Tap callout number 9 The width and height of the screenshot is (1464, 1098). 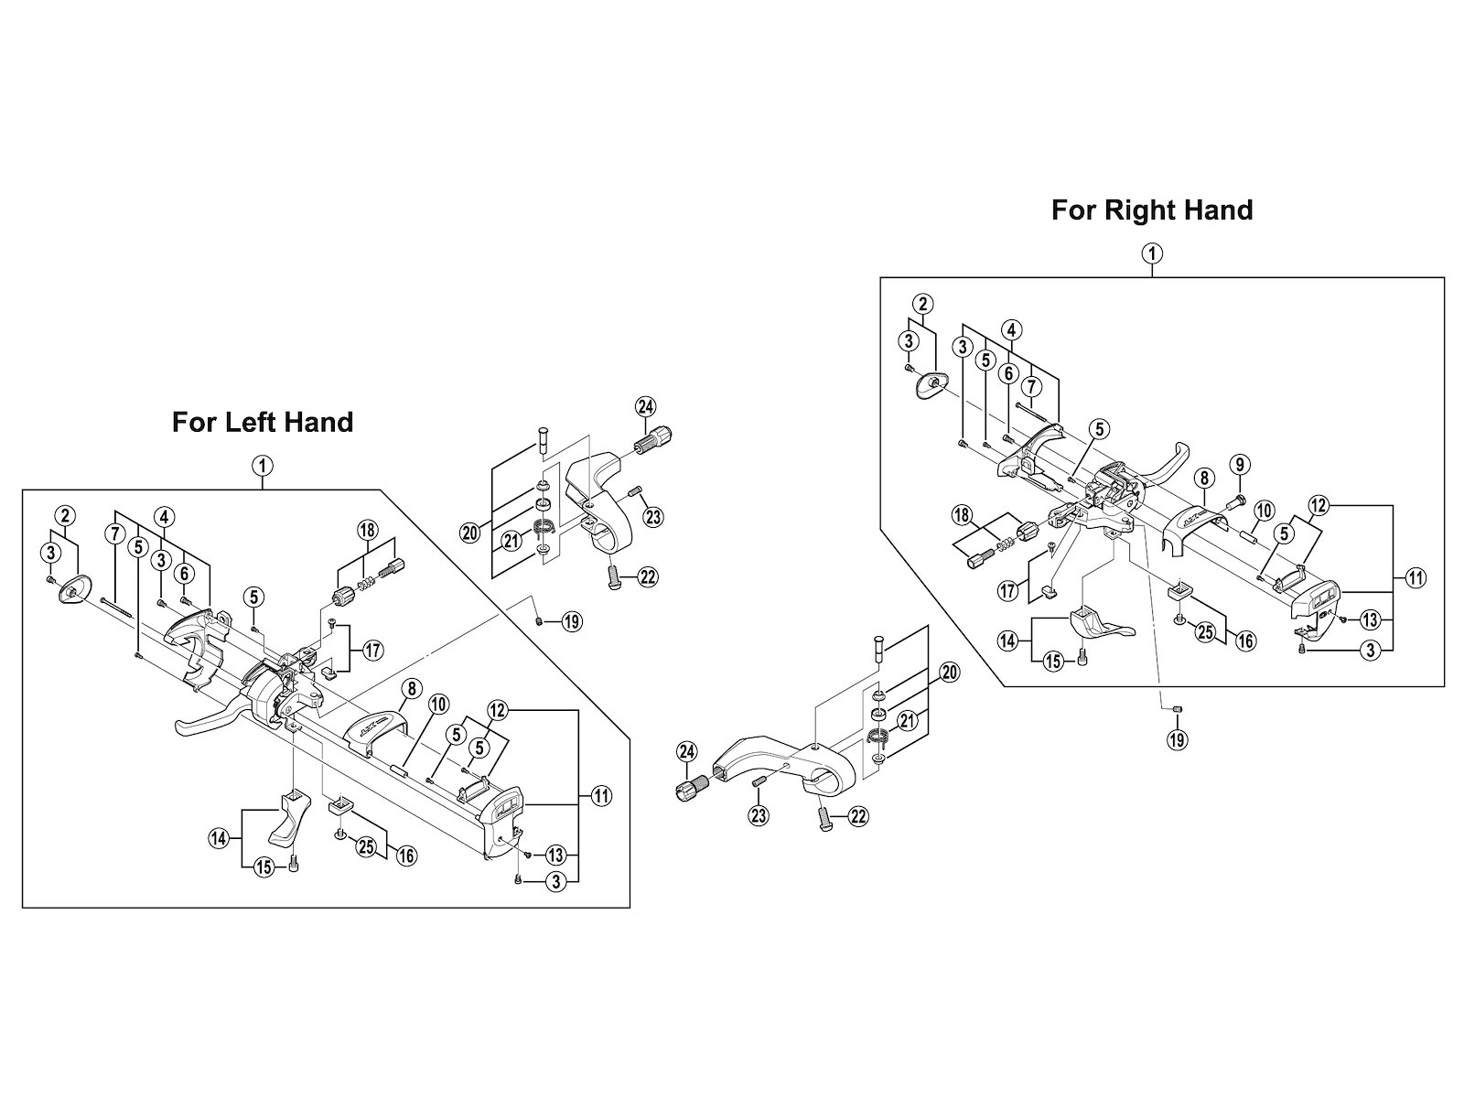[1240, 465]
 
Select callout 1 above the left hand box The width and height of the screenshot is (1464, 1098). [263, 466]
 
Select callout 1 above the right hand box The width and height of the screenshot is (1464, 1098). [1152, 253]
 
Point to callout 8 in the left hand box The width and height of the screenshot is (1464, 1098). [411, 686]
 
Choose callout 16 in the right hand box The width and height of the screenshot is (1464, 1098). [1245, 640]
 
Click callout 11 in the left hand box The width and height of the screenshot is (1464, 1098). [601, 796]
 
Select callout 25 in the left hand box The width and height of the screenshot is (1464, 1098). [366, 848]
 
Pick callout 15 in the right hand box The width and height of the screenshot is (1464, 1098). [1053, 662]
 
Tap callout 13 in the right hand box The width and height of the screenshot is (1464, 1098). [1370, 620]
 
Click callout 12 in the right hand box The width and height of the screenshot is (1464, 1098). [1318, 504]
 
